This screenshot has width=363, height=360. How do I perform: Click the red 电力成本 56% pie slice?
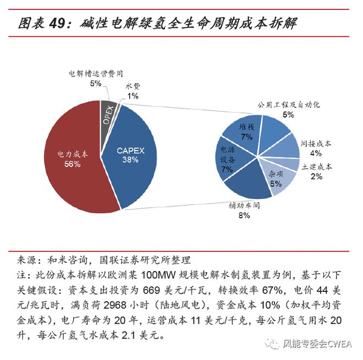[71, 159]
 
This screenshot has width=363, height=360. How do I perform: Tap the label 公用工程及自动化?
[289, 104]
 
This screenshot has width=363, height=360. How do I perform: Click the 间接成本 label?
[316, 142]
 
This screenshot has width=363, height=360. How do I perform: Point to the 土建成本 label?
[316, 165]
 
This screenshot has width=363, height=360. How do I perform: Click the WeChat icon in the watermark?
[273, 344]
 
